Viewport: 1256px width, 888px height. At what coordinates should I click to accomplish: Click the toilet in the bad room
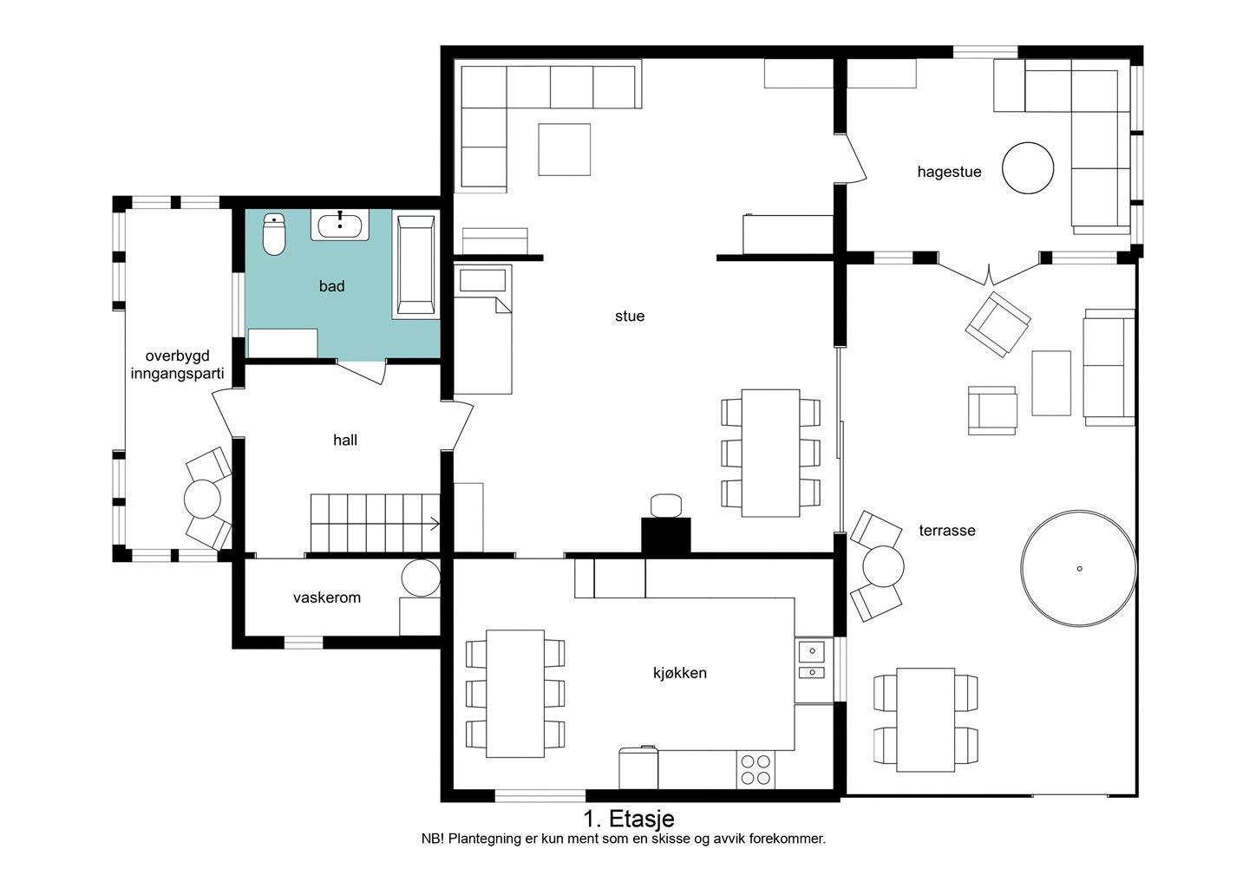pos(274,234)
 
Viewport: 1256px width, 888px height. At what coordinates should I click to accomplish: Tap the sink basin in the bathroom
pos(340,225)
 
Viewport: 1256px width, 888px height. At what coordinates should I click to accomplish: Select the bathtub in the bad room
pos(415,265)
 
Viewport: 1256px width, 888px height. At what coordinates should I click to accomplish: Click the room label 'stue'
pos(630,317)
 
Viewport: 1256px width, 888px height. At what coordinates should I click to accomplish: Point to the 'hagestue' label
pos(949,172)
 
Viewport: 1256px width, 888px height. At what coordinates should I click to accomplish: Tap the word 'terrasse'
pos(947,531)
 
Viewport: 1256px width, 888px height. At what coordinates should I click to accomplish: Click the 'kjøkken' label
pos(679,673)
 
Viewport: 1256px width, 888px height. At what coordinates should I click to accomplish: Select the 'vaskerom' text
pos(327,597)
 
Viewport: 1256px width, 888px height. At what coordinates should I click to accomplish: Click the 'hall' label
pos(345,440)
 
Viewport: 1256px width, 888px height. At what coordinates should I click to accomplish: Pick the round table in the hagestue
pos(1028,168)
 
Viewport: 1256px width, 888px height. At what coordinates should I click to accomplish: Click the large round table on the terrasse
pos(1079,569)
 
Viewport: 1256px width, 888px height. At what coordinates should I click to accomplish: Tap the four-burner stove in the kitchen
pos(756,770)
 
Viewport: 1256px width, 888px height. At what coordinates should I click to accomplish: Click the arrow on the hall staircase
pos(434,526)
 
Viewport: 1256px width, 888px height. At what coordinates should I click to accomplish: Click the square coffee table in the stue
pos(565,150)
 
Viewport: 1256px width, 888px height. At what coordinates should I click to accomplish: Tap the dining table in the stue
pos(770,453)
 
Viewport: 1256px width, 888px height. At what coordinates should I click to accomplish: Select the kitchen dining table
pos(515,694)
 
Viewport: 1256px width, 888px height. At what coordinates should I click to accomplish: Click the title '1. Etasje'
pos(629,819)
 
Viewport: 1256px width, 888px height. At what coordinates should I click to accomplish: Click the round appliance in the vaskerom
pos(421,578)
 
